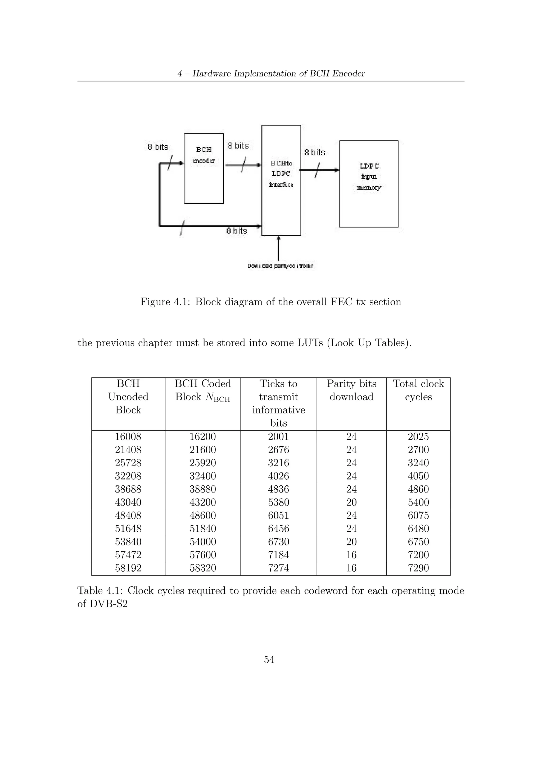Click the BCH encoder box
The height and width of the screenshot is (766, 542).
tap(204, 168)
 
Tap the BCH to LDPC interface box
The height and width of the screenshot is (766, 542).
tap(281, 180)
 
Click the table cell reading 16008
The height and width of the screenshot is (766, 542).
tap(128, 436)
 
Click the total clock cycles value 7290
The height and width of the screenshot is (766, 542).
tap(418, 568)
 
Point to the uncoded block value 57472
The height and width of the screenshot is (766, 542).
tap(128, 555)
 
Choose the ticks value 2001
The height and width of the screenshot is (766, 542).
tap(278, 436)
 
